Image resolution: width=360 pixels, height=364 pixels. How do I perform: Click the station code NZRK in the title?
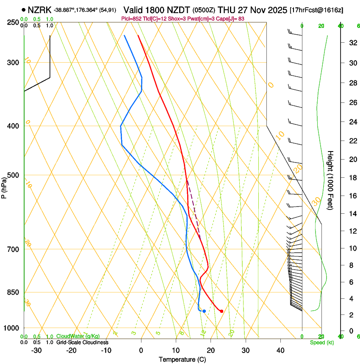40,10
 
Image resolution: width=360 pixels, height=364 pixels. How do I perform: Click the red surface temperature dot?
222,311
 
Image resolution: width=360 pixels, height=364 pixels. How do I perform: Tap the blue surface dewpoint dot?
204,311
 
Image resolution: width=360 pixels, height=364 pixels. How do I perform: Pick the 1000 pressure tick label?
12,328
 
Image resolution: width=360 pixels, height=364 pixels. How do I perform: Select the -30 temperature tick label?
36,350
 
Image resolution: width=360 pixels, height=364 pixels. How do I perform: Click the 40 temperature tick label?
280,350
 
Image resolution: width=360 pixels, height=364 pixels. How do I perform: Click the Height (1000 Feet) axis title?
330,180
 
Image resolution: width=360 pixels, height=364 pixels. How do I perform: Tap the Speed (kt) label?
321,342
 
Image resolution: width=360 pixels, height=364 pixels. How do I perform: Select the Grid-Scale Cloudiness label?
83,342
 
